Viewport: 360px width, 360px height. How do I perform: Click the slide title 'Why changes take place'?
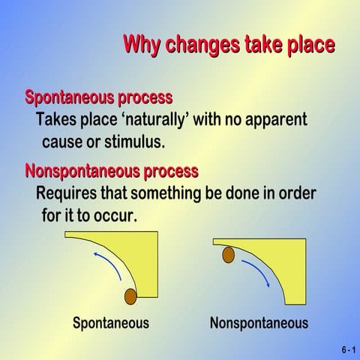229,44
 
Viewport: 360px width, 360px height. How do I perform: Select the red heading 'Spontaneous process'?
99,97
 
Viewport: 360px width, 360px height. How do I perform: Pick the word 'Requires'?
66,193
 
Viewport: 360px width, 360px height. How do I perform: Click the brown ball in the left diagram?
130,296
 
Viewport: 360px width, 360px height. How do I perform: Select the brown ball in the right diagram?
229,256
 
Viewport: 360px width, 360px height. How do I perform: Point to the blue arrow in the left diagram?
105,266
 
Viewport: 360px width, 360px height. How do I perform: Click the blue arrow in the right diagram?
256,273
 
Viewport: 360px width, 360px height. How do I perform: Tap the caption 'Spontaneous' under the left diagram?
110,323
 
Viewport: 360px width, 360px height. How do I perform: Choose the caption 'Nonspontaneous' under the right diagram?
259,323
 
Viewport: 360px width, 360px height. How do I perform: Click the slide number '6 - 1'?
346,350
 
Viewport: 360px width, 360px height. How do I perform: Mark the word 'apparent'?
277,120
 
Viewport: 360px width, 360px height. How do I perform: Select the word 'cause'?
65,142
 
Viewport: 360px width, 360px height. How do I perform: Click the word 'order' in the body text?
286,193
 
